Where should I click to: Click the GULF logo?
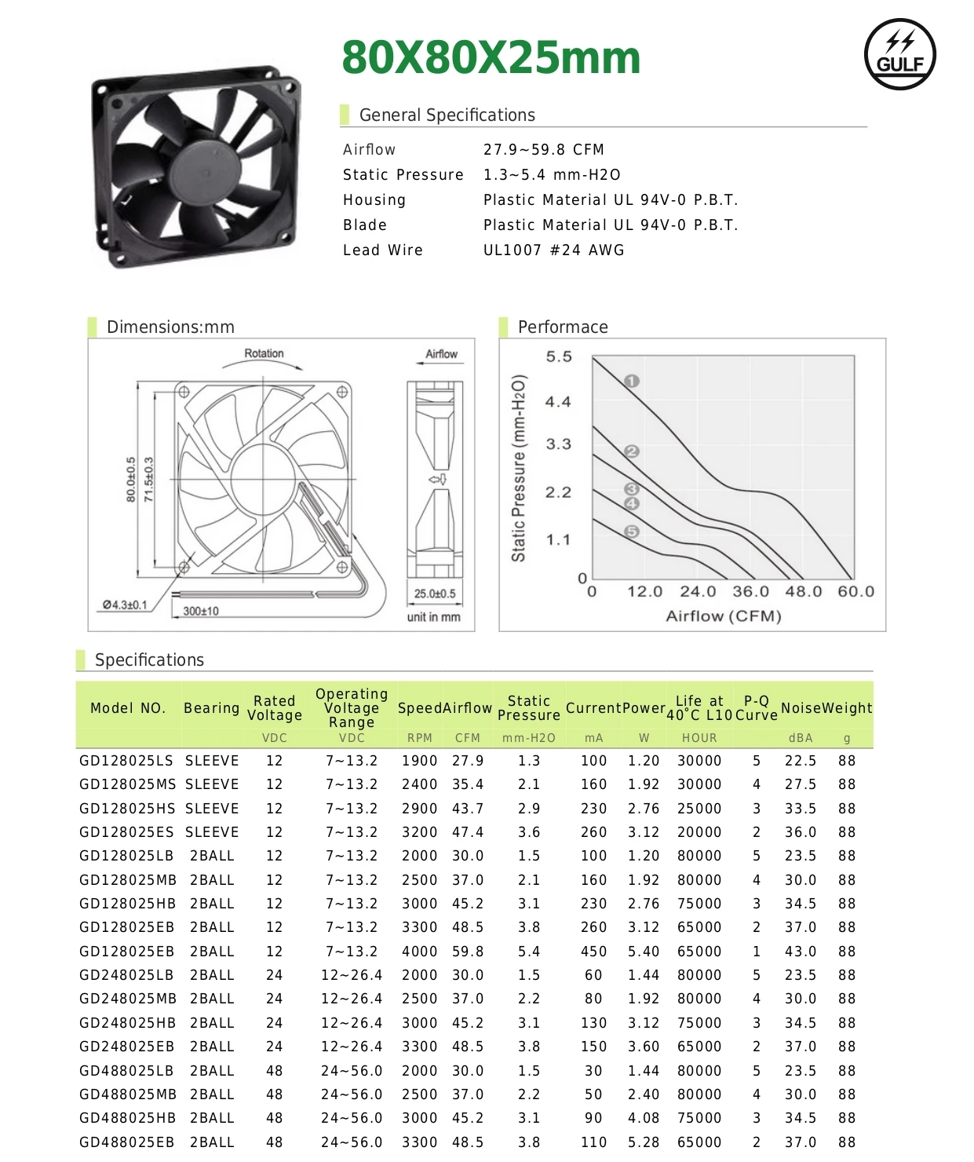(899, 54)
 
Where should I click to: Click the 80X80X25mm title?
(491, 57)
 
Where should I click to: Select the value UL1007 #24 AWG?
(553, 250)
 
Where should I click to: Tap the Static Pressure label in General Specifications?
(403, 174)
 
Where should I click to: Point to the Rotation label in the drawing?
(264, 353)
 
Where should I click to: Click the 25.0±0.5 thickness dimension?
(435, 594)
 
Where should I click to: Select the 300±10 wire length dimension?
(201, 611)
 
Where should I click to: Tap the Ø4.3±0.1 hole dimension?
(125, 605)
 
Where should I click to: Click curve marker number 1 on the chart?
(632, 381)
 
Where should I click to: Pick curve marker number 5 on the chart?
(632, 532)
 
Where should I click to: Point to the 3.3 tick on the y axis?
(558, 444)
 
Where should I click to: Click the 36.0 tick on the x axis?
(751, 591)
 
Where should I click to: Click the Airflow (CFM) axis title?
(723, 616)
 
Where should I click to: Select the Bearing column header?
(211, 707)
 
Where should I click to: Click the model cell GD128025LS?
(126, 761)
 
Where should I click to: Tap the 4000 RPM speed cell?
(419, 952)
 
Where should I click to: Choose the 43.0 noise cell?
(801, 952)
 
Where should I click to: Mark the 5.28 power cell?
(643, 1142)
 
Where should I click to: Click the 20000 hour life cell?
(699, 832)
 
